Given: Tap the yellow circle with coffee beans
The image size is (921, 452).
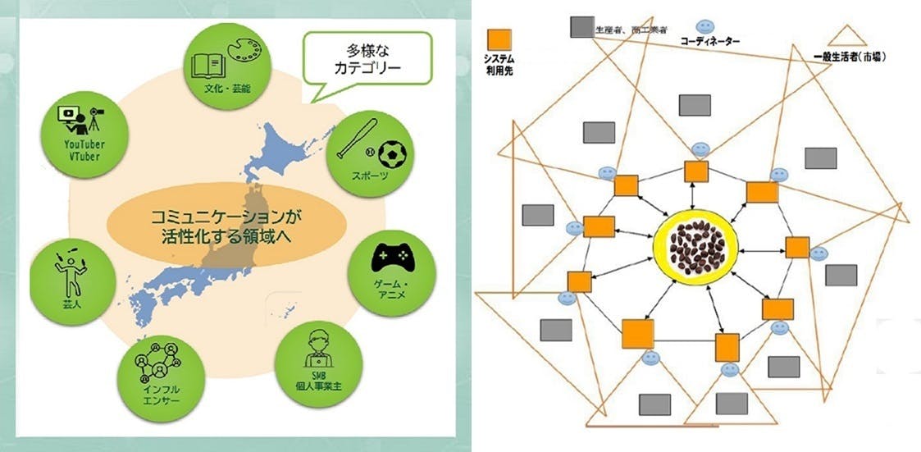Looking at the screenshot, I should [x=695, y=244].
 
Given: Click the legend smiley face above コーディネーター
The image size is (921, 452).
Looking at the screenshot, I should [x=706, y=26].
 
